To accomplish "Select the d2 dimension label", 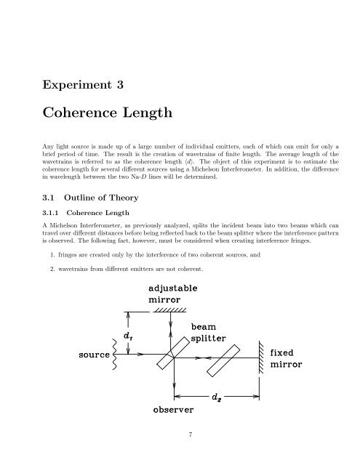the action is coord(216,397).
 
